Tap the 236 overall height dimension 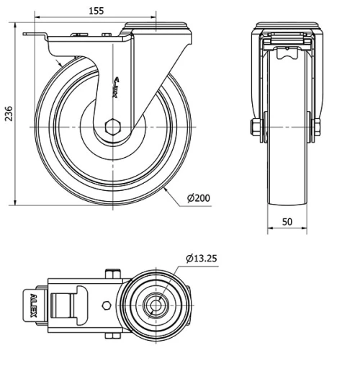(8, 114)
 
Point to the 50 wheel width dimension (287, 223)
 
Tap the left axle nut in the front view (256, 128)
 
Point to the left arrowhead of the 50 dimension (270, 231)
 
